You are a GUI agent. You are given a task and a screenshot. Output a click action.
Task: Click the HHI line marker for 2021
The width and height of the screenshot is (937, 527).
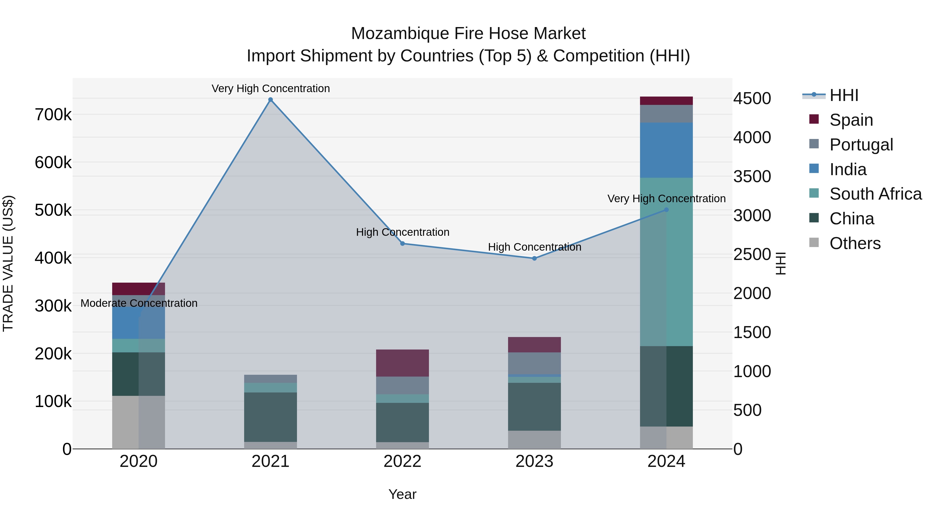coord(270,100)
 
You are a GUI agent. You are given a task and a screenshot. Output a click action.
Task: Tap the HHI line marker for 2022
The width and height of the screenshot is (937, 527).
coord(402,244)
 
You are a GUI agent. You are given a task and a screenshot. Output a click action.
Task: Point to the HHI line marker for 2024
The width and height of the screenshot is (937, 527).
coord(666,210)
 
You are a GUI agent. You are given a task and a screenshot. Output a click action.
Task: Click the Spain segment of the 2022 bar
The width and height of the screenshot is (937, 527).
coord(402,363)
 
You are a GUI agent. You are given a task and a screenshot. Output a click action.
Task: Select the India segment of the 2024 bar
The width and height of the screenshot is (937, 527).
coord(666,150)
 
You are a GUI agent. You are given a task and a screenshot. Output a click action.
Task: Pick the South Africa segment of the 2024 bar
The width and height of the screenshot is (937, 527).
coord(666,262)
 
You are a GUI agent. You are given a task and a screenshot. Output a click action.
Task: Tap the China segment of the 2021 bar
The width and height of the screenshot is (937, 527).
coord(270,417)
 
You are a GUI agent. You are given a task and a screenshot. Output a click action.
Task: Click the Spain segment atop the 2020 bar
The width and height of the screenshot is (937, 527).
coord(138,289)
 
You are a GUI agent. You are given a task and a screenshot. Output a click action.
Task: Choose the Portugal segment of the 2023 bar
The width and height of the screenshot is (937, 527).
coord(534,363)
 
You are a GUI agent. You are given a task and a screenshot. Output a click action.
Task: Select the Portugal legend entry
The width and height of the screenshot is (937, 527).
coord(861,145)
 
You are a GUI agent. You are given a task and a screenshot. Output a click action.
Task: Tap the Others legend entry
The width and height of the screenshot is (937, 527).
coord(855,243)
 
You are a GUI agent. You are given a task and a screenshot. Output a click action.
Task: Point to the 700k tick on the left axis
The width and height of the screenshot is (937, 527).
coord(53,115)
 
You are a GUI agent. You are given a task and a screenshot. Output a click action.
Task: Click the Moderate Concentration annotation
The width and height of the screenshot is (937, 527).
coord(139,303)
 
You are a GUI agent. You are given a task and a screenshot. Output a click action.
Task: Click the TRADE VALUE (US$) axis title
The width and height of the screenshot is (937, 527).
coord(8,263)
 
